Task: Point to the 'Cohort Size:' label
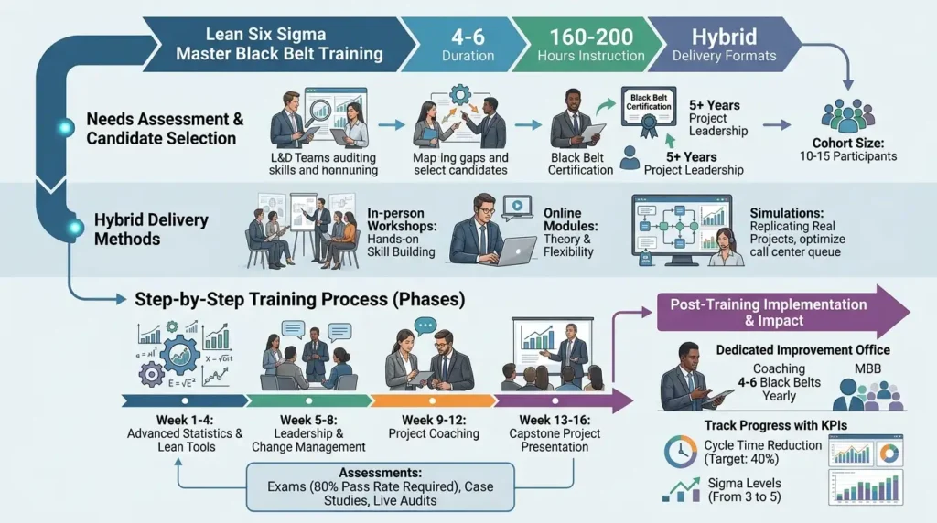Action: [x=847, y=142]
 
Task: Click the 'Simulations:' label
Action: [x=786, y=211]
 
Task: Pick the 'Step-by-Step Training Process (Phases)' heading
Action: [x=300, y=299]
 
